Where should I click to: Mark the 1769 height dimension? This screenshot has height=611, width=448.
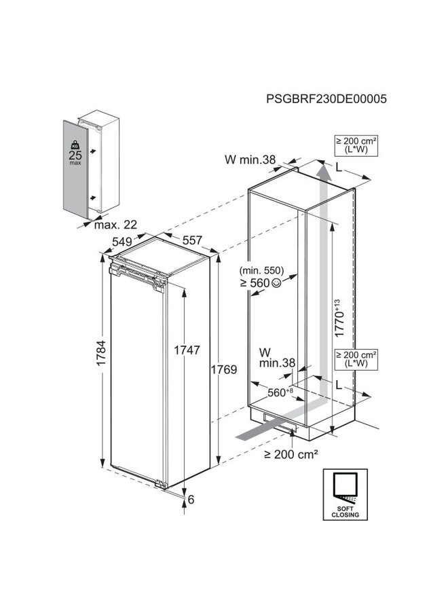(x=223, y=370)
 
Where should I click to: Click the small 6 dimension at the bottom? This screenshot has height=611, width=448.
(x=191, y=500)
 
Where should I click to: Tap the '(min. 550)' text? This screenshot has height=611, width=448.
(x=265, y=270)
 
